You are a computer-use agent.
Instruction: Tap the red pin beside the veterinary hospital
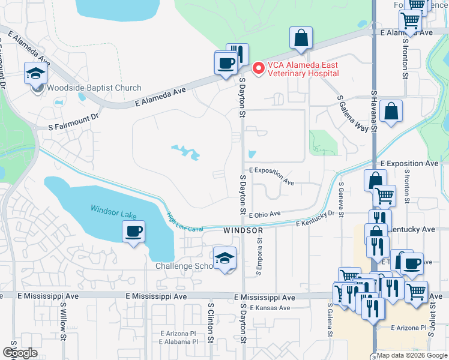tap(259, 69)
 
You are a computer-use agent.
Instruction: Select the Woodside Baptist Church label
tap(94, 88)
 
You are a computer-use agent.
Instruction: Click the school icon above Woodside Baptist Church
tap(36, 74)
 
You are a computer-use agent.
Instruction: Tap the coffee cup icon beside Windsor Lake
tap(133, 231)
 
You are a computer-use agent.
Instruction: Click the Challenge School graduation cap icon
tap(225, 258)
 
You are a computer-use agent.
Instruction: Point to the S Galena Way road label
tap(353, 112)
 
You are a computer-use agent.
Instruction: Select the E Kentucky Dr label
tap(315, 218)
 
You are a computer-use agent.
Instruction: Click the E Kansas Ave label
tap(270, 308)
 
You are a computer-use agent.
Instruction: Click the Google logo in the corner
tap(20, 353)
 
